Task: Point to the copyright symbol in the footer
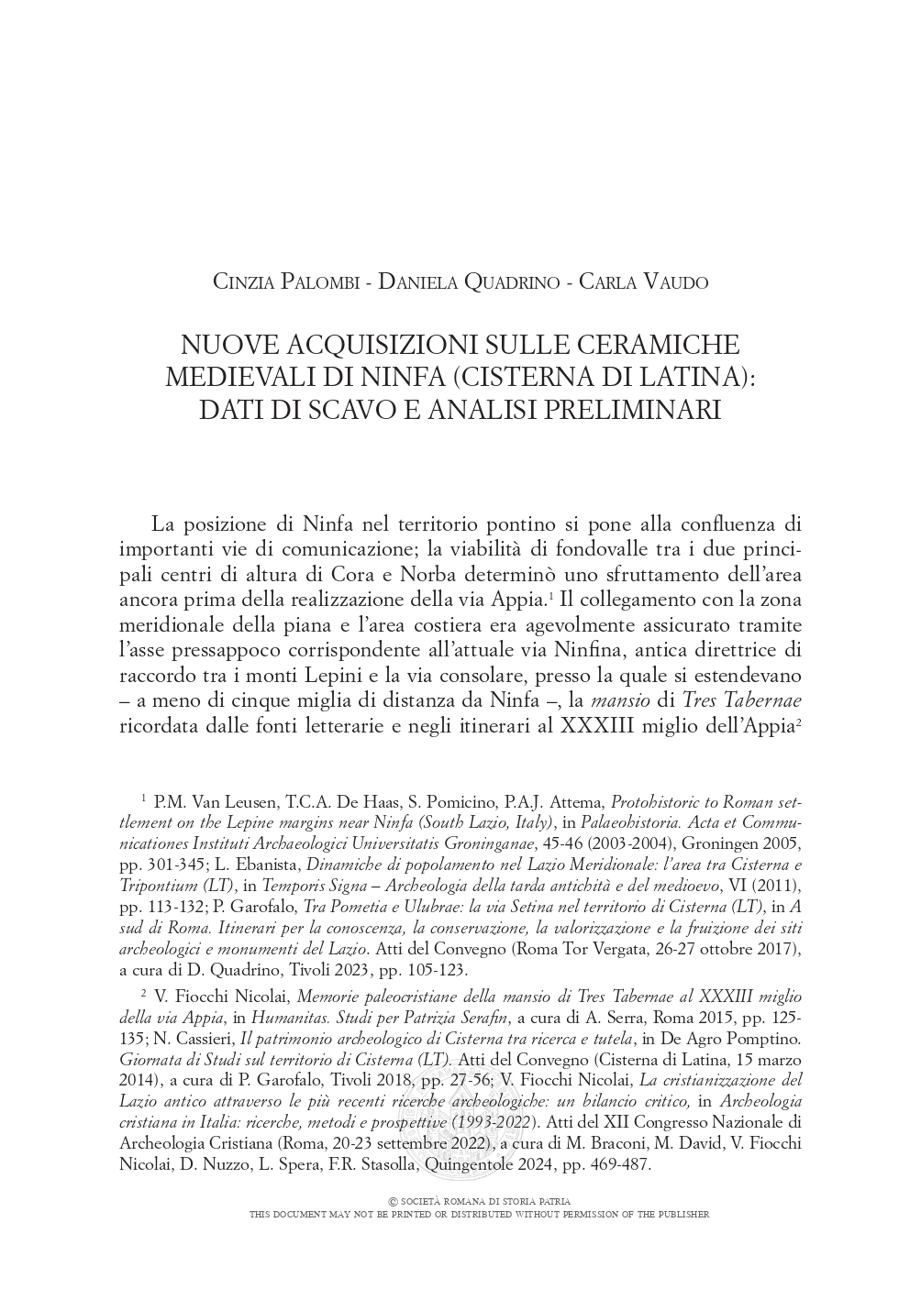click(x=394, y=1201)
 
